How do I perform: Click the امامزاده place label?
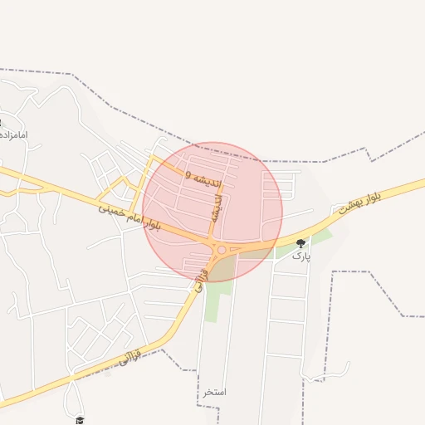14,134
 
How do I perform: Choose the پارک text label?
300,256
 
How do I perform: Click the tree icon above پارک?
300,243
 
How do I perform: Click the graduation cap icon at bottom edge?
80,420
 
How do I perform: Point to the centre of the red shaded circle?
212,212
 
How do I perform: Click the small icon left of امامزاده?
1,122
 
